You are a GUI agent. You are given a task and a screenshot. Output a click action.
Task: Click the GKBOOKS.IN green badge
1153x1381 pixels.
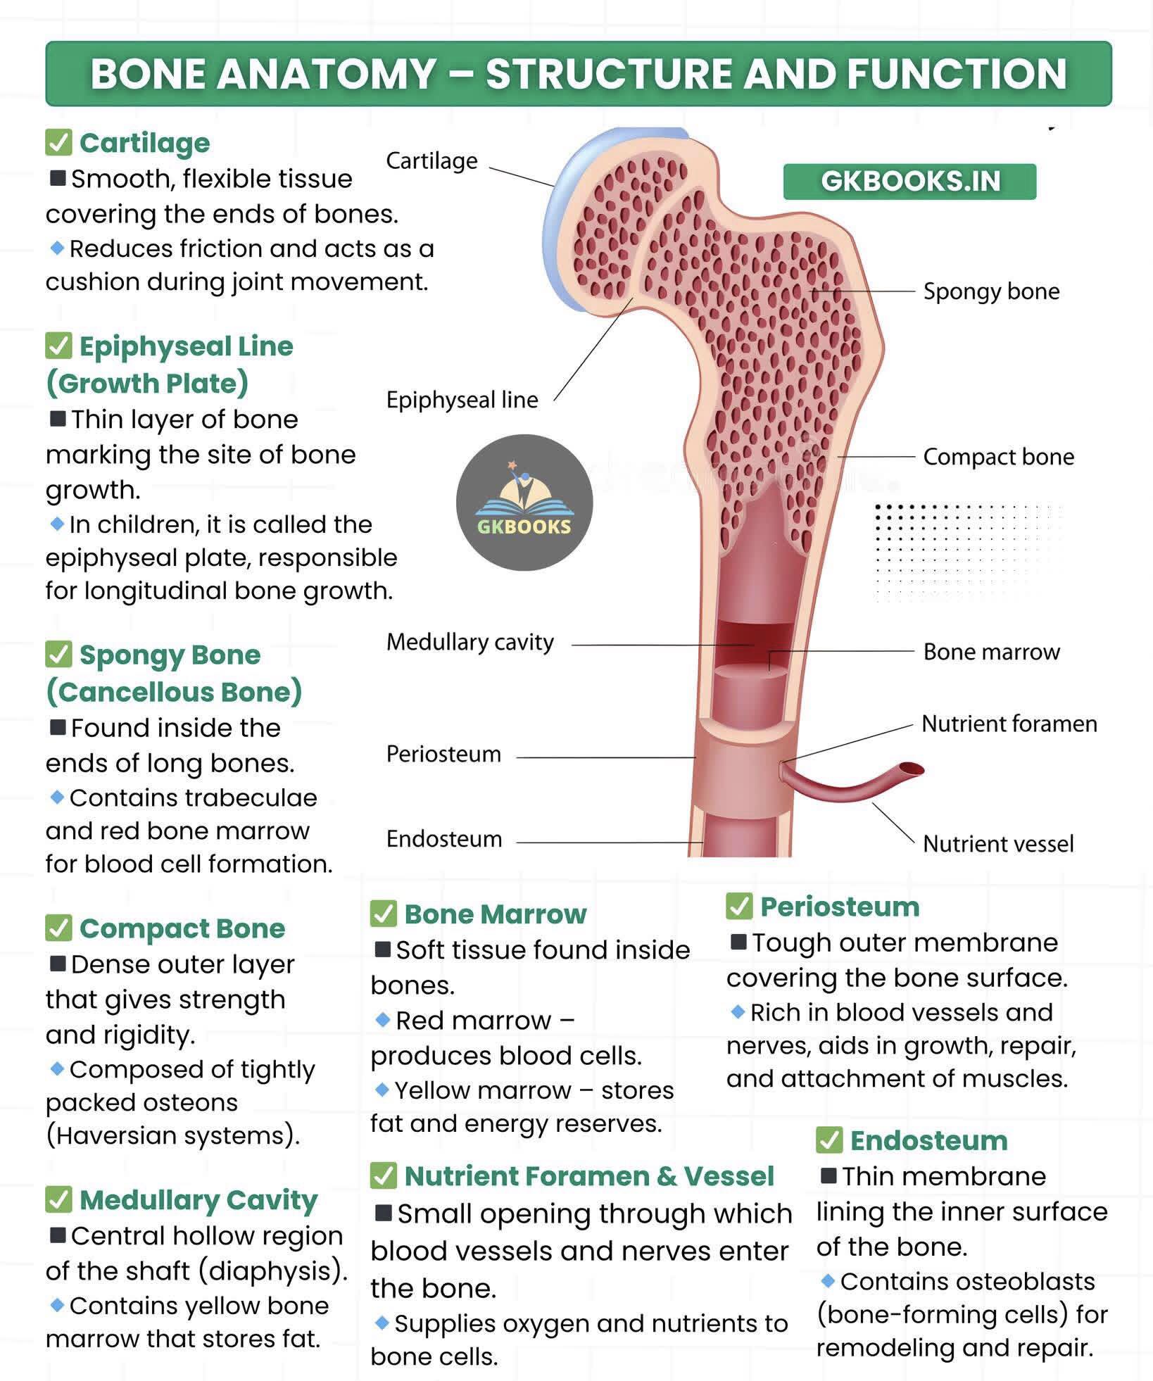click(x=909, y=182)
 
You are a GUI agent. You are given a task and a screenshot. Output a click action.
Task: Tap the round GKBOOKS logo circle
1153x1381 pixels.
click(x=524, y=503)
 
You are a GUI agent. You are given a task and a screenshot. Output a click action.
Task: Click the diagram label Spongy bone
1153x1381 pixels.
click(x=991, y=291)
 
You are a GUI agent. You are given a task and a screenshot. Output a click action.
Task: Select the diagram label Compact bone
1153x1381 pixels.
click(x=998, y=457)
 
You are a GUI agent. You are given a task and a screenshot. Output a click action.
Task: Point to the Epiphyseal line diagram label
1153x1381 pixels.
click(x=462, y=400)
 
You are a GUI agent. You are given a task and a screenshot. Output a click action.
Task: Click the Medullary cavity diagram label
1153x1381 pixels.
click(x=470, y=642)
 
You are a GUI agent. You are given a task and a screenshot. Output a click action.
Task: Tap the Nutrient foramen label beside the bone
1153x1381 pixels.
click(x=1009, y=724)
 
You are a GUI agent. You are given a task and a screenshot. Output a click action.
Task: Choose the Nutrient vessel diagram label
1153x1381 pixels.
click(x=998, y=843)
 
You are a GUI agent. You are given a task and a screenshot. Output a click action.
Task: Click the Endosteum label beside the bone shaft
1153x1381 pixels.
click(x=444, y=839)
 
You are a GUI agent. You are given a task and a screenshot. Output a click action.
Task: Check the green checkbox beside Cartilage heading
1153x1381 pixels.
click(x=58, y=142)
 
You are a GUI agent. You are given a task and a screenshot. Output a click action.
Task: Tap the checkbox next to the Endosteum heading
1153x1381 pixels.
click(x=829, y=1141)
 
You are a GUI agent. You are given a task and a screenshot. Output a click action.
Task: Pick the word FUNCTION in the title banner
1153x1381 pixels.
click(x=957, y=74)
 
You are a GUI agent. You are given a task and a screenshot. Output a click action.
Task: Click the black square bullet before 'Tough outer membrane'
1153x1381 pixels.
click(x=738, y=942)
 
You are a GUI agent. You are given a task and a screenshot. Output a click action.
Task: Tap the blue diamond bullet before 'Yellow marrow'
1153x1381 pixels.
click(x=382, y=1090)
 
